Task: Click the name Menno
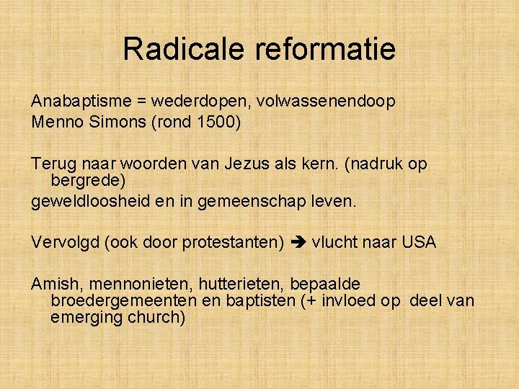(x=54, y=122)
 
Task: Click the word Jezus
(x=253, y=164)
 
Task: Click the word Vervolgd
(x=66, y=242)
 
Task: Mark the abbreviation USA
(x=419, y=242)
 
